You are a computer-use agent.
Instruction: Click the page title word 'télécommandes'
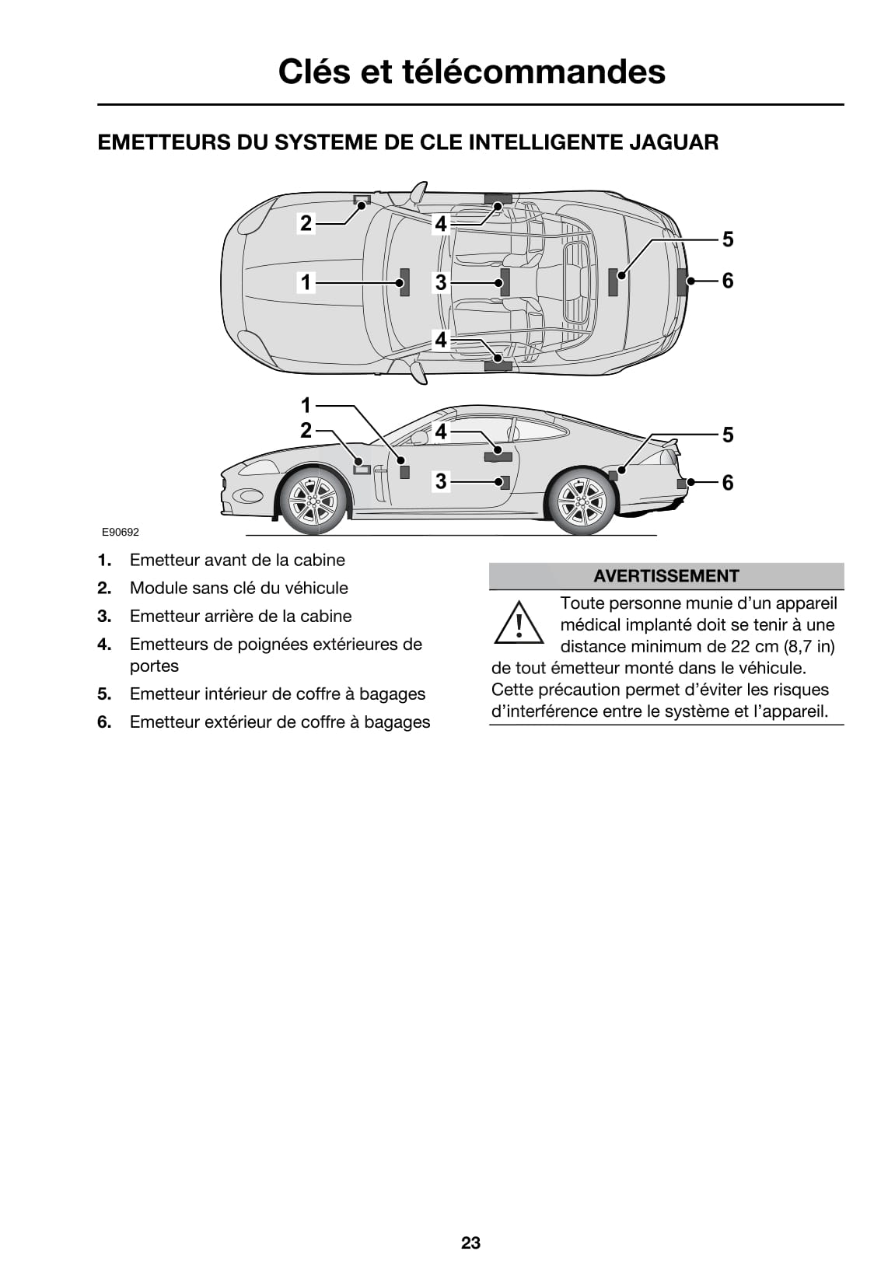click(533, 72)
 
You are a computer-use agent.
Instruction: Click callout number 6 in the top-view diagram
click(727, 281)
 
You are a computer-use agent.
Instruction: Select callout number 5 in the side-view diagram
click(727, 435)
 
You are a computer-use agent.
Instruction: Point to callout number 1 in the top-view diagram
click(306, 282)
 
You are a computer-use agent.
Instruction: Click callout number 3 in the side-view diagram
click(441, 482)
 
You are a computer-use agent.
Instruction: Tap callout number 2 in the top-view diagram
click(306, 224)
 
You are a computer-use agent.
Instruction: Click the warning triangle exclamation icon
click(519, 624)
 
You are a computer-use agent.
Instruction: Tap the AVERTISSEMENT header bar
click(666, 576)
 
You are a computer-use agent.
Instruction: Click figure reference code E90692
click(121, 533)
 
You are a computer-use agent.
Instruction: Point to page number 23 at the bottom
click(470, 1242)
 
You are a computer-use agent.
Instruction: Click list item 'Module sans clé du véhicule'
click(239, 589)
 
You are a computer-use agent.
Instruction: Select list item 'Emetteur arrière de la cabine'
click(240, 617)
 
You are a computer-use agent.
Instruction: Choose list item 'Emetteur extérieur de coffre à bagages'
click(279, 722)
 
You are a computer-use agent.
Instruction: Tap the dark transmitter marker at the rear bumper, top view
click(682, 281)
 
